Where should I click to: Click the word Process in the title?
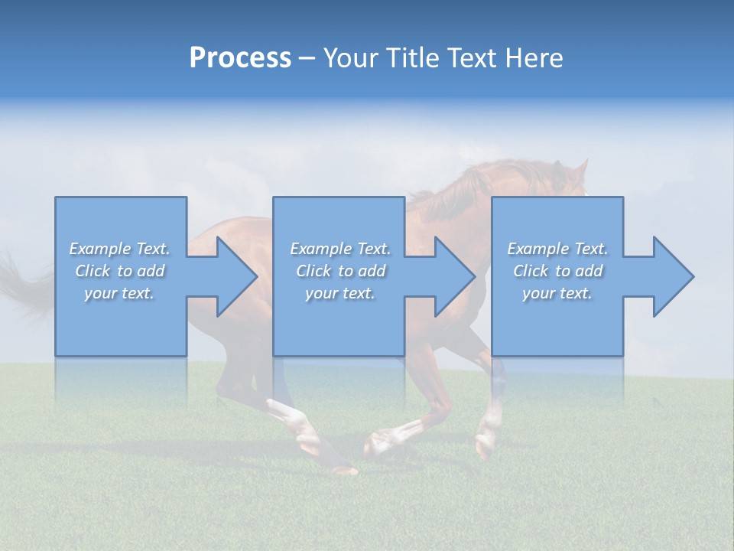pyautogui.click(x=240, y=58)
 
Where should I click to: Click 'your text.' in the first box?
pyautogui.click(x=119, y=293)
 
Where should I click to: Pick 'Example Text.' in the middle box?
pyautogui.click(x=339, y=249)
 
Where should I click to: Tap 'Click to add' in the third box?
pyautogui.click(x=557, y=271)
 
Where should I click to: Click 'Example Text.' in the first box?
pyautogui.click(x=119, y=249)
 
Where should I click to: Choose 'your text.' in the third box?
pyautogui.click(x=557, y=293)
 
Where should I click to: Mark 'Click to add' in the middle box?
pyautogui.click(x=340, y=271)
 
